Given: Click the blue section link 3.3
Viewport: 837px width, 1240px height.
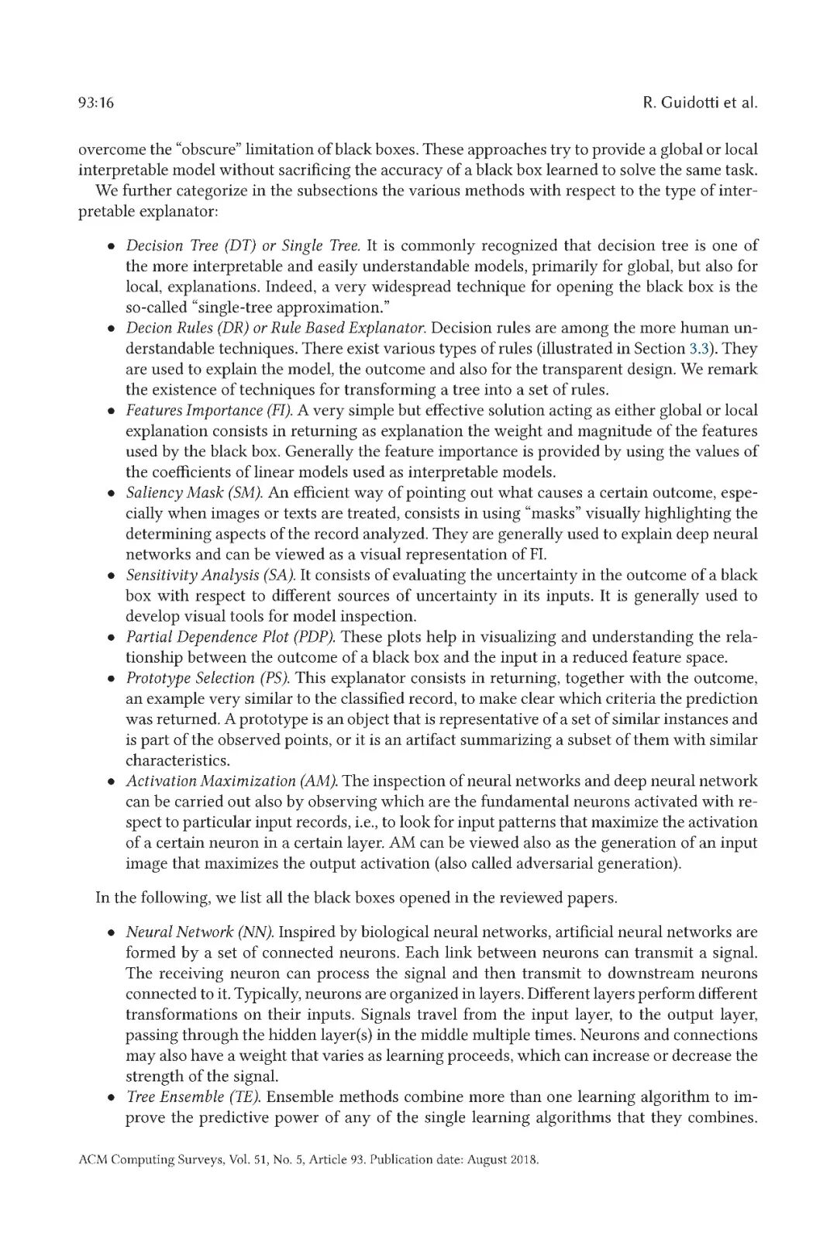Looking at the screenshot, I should tap(700, 349).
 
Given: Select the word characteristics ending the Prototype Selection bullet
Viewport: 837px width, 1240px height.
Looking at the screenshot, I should tap(177, 760).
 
